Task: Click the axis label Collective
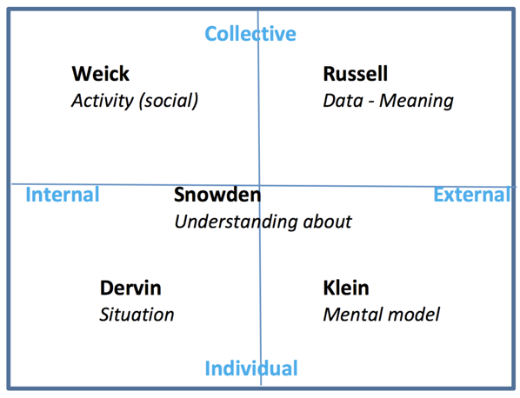[250, 34]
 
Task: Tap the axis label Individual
[250, 368]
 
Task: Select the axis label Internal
[62, 194]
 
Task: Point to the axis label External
[470, 194]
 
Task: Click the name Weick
[100, 74]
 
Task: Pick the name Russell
[355, 74]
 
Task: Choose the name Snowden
[217, 195]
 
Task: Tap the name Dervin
[130, 288]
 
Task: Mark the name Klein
[345, 288]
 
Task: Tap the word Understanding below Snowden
[232, 222]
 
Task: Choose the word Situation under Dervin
[137, 315]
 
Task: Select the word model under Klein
[415, 315]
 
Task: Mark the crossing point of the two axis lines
[259, 185]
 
